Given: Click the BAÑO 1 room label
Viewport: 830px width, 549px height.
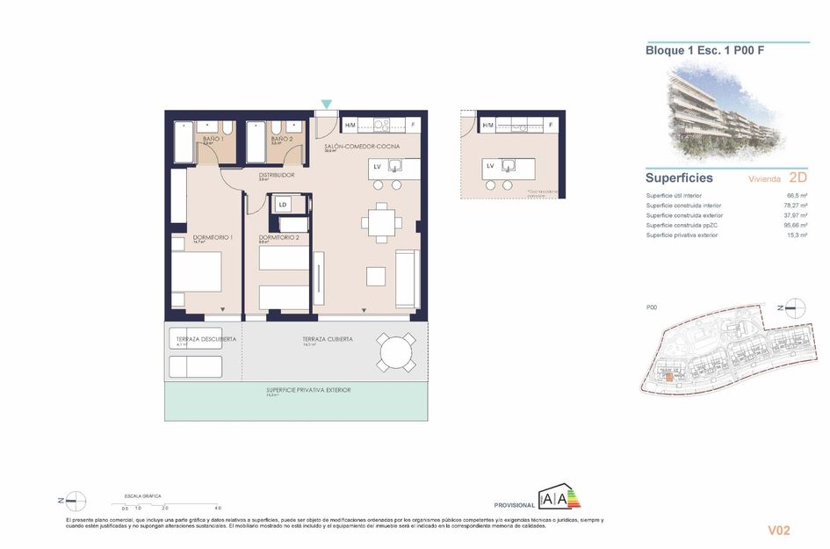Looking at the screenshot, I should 213,139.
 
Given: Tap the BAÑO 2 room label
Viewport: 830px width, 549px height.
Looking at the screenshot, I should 281,139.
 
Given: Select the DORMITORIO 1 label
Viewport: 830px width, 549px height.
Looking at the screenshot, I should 212,237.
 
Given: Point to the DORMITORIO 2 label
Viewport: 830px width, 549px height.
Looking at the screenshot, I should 279,237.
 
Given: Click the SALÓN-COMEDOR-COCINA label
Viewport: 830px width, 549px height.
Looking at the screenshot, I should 362,145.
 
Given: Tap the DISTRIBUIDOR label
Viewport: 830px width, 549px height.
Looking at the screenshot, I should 276,175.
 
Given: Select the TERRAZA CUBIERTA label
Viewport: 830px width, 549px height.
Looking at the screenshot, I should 328,339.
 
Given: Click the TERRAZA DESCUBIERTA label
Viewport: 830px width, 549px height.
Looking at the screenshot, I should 199,339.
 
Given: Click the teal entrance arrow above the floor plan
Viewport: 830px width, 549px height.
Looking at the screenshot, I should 327,105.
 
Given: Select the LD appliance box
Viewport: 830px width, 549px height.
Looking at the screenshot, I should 282,205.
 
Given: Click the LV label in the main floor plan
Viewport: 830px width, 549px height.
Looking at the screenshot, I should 377,166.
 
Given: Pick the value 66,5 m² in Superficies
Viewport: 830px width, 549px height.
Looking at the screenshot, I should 797,195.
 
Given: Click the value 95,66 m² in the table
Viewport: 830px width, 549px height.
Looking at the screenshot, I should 795,225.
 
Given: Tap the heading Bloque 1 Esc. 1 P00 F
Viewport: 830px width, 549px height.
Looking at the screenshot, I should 704,51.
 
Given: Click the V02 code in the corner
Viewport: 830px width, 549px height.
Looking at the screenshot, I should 779,530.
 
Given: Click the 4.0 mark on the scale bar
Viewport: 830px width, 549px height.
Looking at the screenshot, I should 218,509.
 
